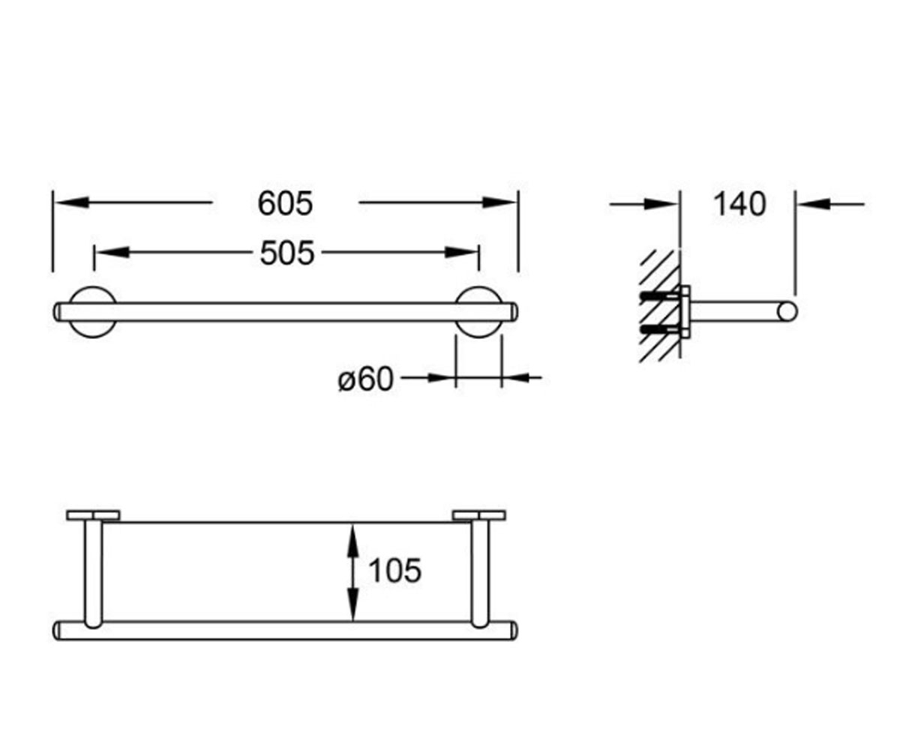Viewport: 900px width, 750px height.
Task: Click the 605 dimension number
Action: coord(285,203)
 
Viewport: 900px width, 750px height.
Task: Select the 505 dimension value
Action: coord(287,253)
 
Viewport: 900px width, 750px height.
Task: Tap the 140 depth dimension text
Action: coord(739,204)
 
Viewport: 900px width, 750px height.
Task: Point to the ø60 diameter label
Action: coord(365,379)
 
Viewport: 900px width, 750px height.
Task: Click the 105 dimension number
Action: coord(395,571)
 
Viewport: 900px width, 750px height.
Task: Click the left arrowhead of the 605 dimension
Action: coord(73,202)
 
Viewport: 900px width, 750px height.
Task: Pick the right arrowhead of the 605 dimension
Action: coord(499,202)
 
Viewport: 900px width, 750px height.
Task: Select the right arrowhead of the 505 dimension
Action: coord(460,252)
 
